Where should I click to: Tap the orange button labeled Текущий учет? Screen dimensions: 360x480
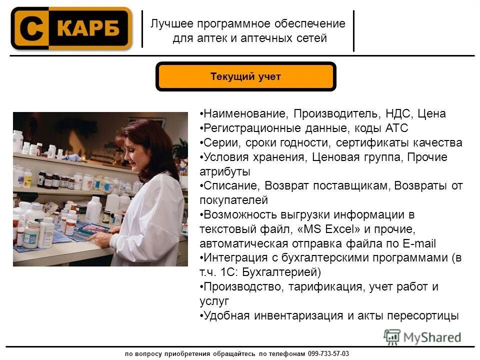point(245,77)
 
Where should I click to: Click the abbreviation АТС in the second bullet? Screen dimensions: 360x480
point(397,128)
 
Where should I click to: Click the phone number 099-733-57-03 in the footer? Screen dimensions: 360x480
point(329,353)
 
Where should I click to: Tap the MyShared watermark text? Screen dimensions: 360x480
point(431,337)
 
